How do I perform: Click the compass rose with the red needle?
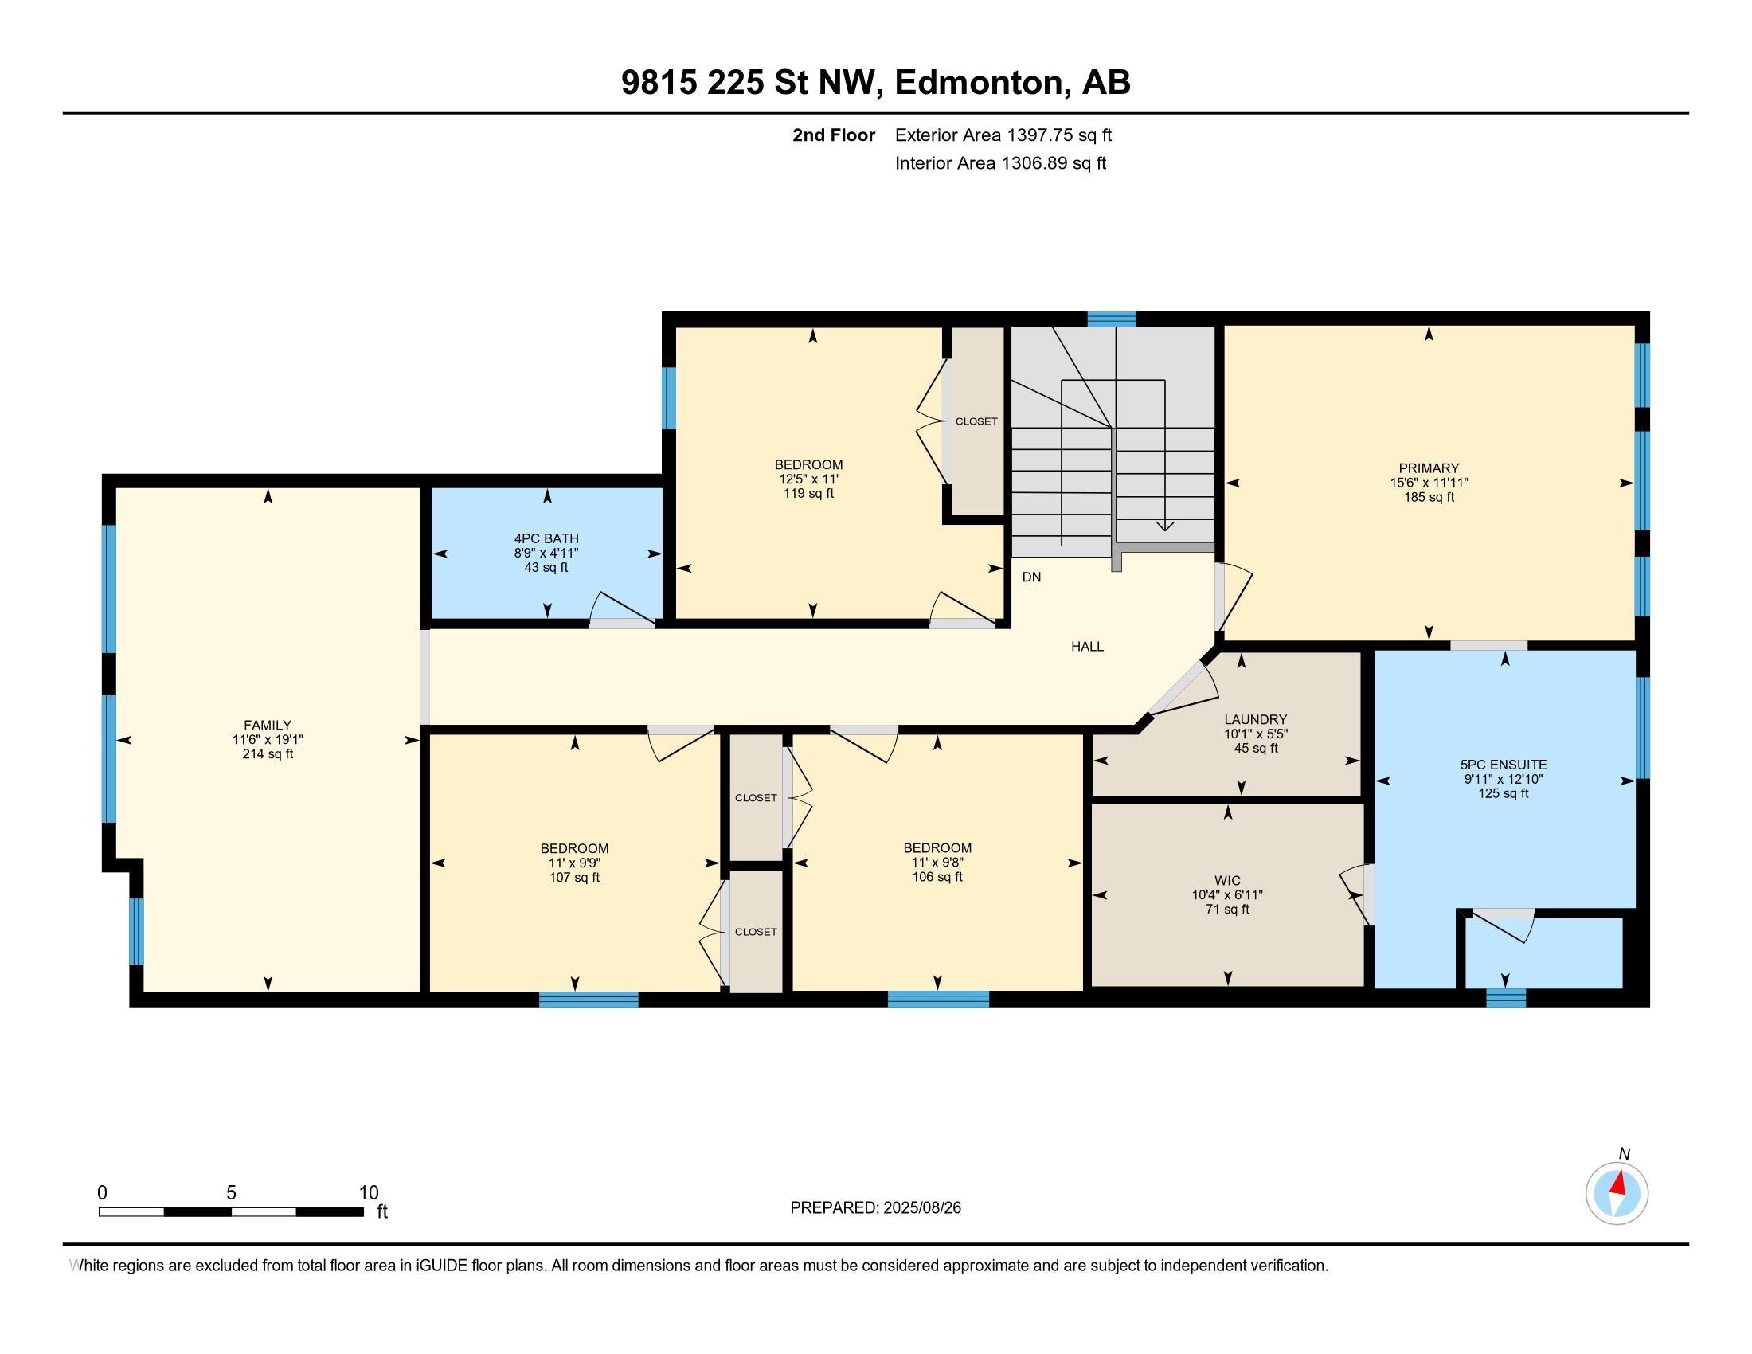coord(1617,1193)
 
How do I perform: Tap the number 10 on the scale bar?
coord(368,1192)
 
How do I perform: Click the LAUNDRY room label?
coord(1255,719)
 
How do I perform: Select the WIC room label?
coord(1226,880)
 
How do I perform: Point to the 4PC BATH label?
coord(546,539)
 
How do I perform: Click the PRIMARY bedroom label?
coord(1428,468)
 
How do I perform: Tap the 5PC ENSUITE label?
coord(1503,765)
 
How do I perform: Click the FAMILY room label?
coord(267,725)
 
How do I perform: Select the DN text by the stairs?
coord(1031,577)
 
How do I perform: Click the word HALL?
coord(1087,647)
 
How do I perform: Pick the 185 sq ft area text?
coord(1428,497)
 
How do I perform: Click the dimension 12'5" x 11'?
coord(808,479)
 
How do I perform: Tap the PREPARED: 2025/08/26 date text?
coord(875,1208)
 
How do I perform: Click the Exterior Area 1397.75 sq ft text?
coord(1003,135)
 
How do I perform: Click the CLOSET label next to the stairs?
coord(976,421)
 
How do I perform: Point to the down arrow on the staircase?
coord(1165,526)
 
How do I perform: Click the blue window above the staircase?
coord(1111,319)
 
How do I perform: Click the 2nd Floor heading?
coord(833,135)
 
